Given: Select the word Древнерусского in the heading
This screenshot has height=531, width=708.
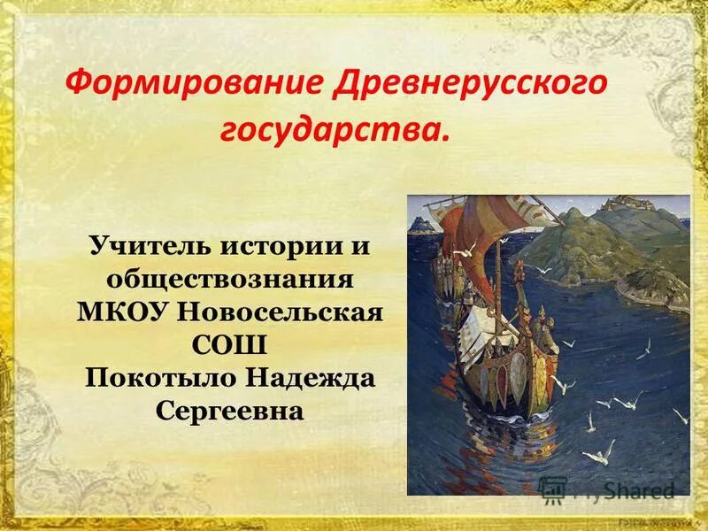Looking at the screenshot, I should pyautogui.click(x=470, y=85).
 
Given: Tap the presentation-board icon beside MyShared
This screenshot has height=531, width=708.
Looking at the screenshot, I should pyautogui.click(x=553, y=489).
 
